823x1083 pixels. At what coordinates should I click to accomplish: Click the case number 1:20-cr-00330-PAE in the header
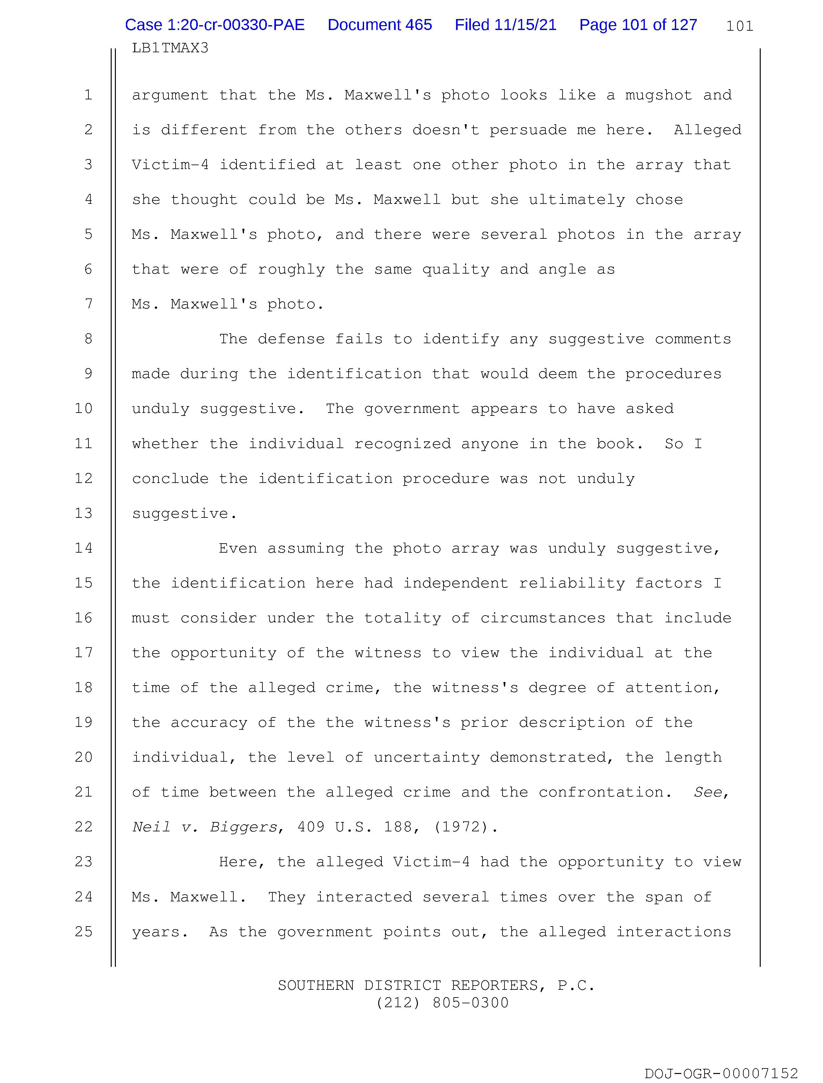click(215, 25)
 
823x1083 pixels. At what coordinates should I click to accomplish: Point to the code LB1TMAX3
click(170, 48)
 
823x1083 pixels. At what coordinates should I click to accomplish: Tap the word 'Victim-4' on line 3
click(170, 165)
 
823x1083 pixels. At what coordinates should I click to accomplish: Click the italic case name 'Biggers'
click(243, 827)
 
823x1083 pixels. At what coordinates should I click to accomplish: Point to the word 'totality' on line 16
click(402, 618)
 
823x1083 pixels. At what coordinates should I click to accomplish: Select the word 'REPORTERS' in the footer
click(494, 985)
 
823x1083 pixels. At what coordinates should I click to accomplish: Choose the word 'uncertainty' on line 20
click(426, 757)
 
